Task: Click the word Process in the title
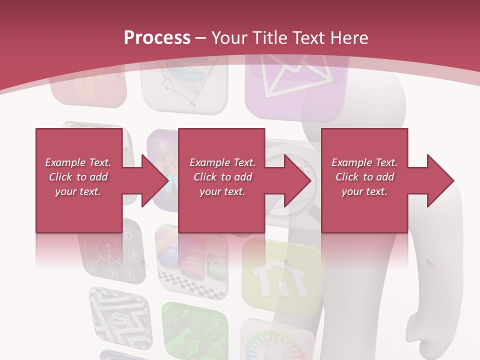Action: (x=157, y=38)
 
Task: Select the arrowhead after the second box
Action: (x=294, y=180)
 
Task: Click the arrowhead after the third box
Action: (x=436, y=180)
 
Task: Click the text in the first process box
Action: (x=78, y=177)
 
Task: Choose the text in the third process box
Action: (x=364, y=177)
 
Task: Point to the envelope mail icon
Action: (x=296, y=77)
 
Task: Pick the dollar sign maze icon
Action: (x=119, y=314)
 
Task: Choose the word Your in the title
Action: (x=228, y=38)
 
